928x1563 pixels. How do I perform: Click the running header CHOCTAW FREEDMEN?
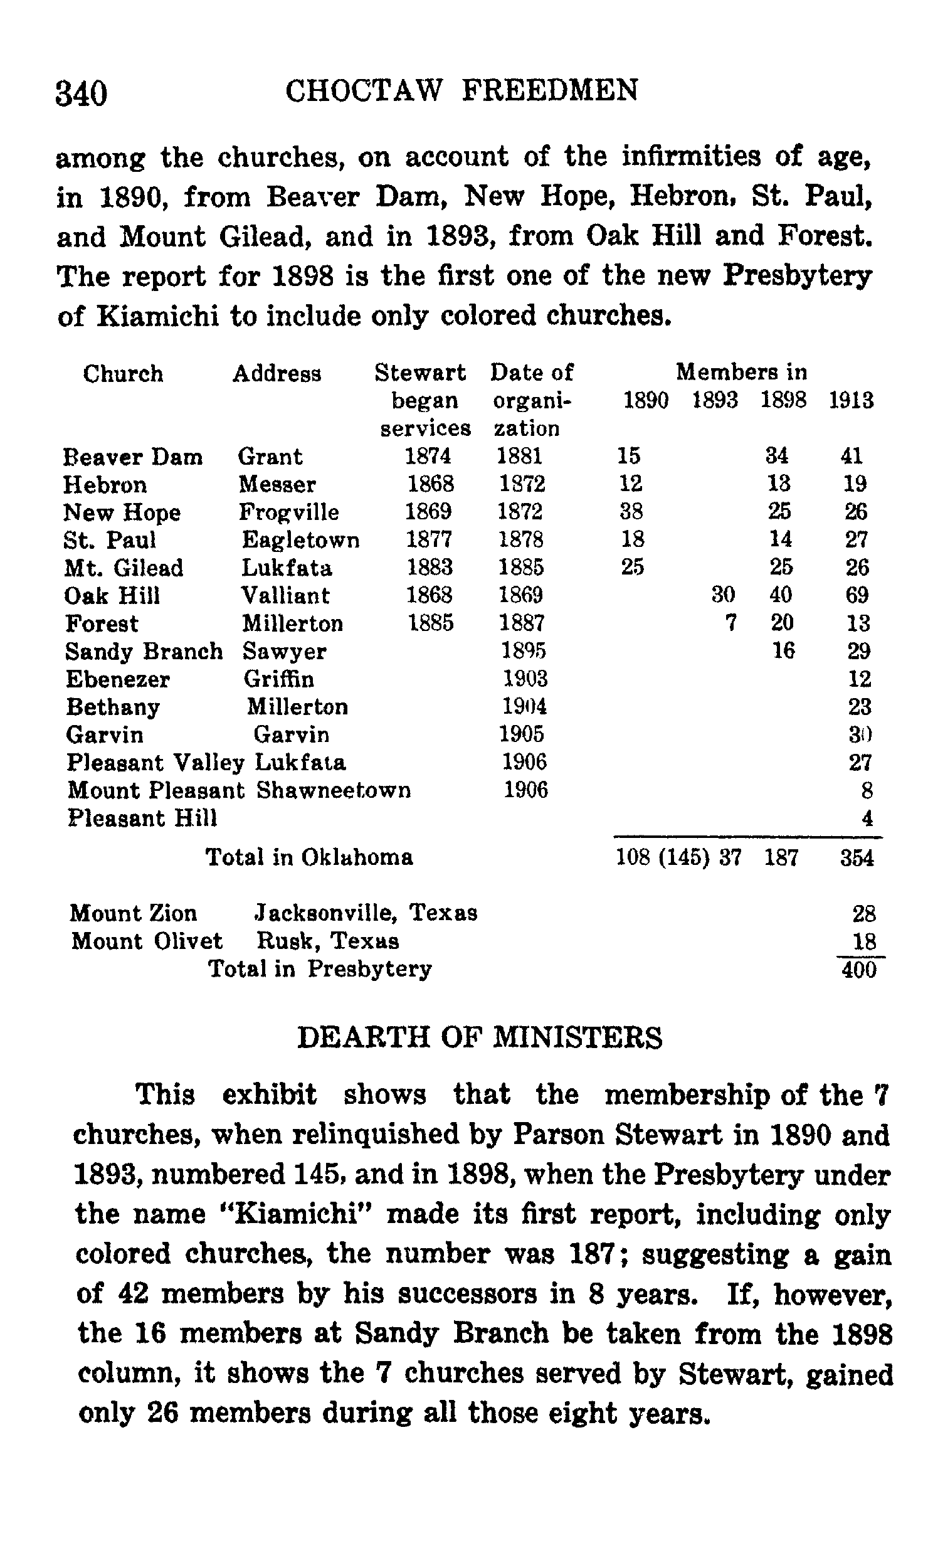(x=462, y=90)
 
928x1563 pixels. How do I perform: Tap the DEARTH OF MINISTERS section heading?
(x=480, y=1037)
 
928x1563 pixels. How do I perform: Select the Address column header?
(x=277, y=374)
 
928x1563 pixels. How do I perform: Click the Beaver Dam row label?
(x=133, y=457)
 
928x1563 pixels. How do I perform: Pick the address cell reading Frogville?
(x=288, y=512)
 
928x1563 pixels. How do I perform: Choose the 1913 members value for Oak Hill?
(x=857, y=595)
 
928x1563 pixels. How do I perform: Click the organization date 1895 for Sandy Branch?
(x=524, y=651)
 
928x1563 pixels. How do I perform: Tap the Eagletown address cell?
(x=301, y=540)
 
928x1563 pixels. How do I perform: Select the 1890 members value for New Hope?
(x=631, y=512)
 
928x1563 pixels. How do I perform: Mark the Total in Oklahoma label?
(x=310, y=857)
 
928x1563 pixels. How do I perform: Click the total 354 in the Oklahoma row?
(x=857, y=857)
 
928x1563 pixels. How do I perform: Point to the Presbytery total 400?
(x=859, y=970)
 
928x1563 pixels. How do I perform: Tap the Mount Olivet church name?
(x=146, y=941)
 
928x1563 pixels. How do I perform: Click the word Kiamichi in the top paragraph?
(x=157, y=316)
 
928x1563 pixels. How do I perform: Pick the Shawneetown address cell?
(x=334, y=790)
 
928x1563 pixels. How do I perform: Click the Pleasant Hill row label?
(x=142, y=818)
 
